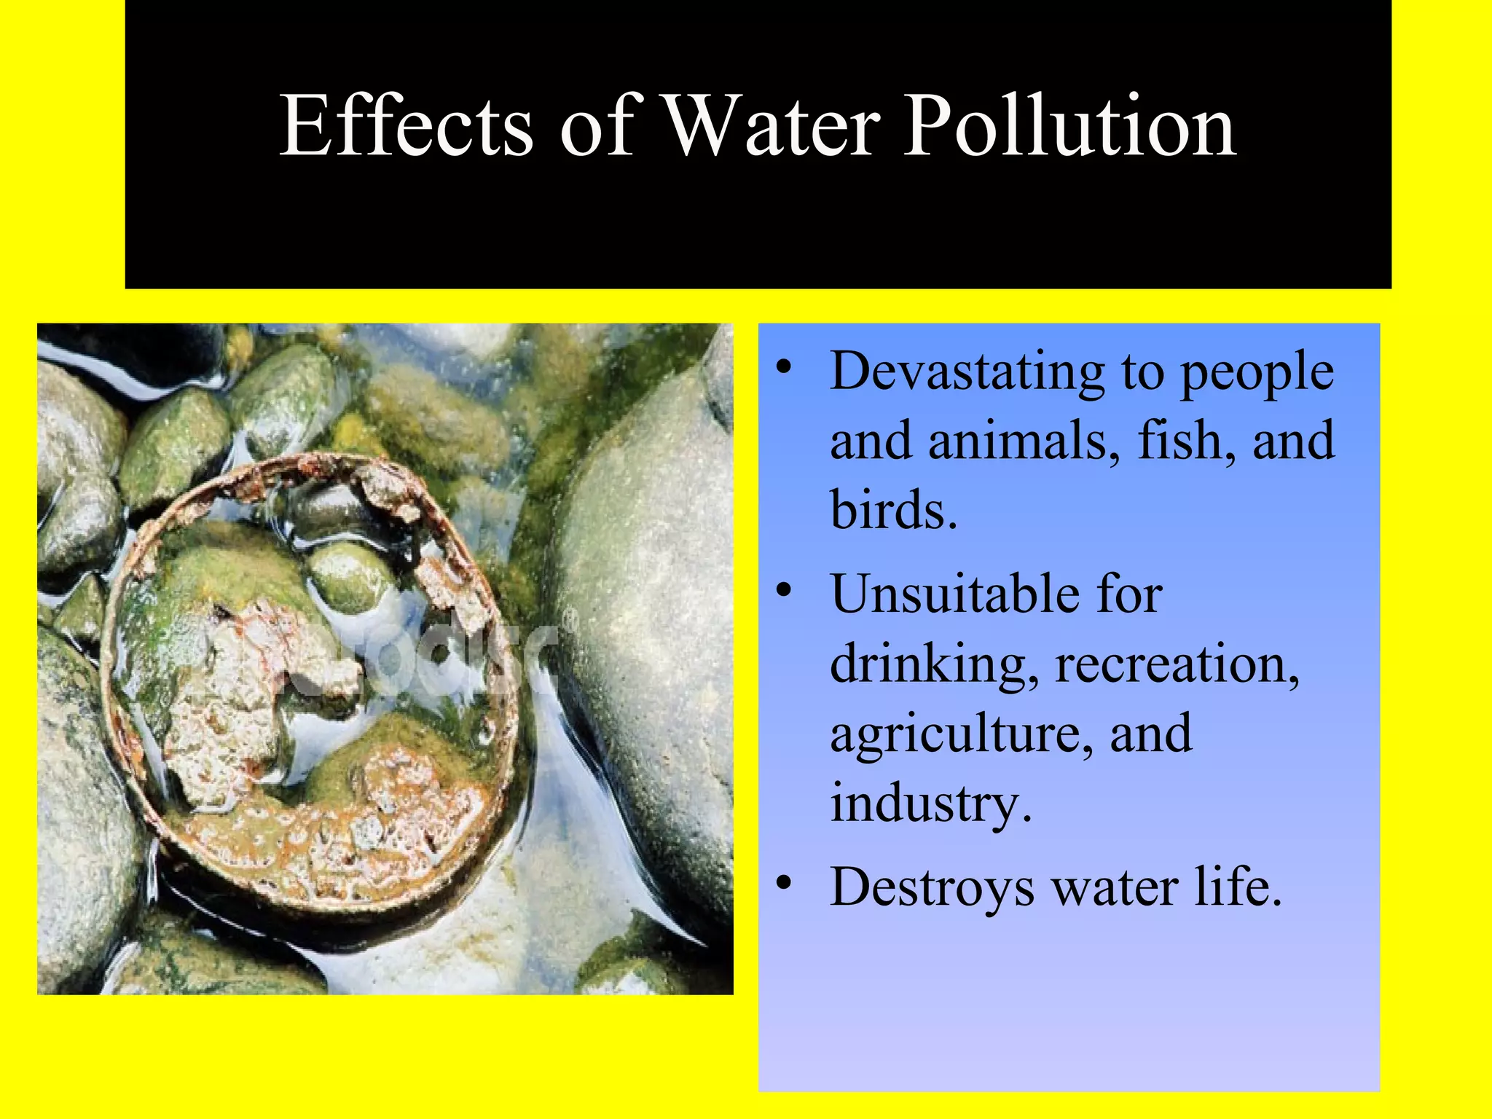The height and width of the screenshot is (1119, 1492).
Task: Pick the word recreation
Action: (x=1176, y=664)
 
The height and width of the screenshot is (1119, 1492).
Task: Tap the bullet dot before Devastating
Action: (x=783, y=369)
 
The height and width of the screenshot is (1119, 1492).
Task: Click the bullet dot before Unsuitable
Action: (x=783, y=591)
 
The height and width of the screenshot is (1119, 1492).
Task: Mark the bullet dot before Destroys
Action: (x=783, y=884)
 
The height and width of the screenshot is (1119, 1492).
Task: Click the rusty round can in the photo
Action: (x=310, y=685)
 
